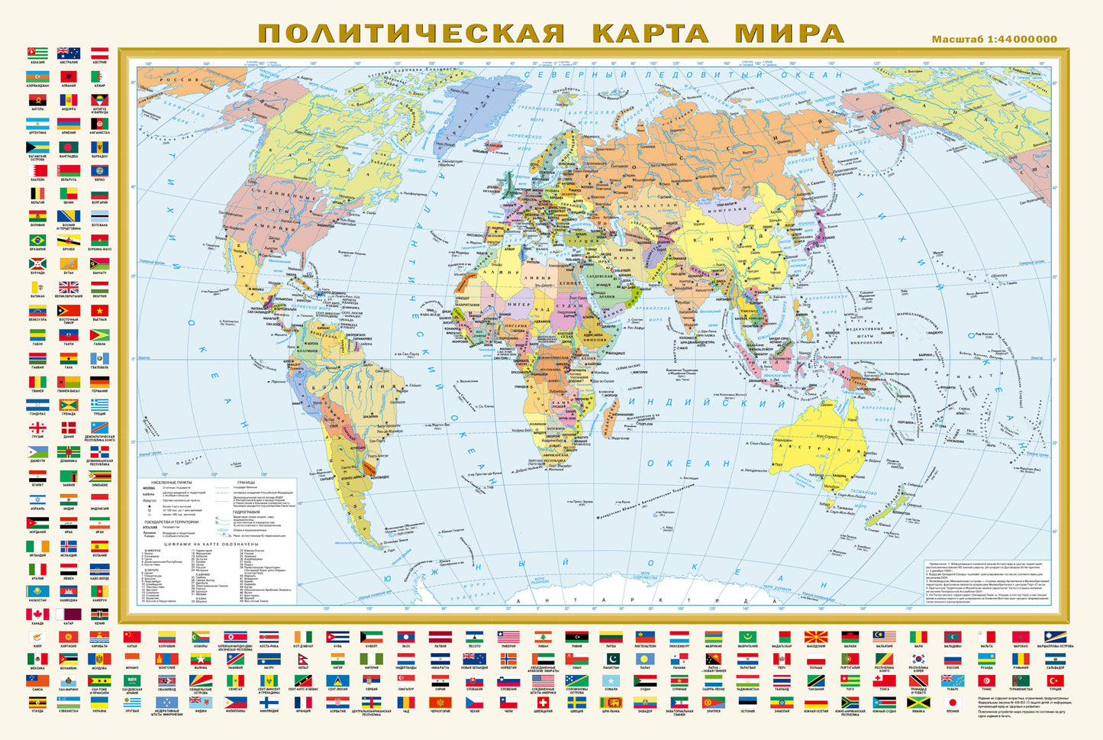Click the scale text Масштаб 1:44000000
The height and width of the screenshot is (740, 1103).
click(x=994, y=39)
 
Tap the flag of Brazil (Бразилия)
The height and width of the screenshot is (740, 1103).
click(x=37, y=241)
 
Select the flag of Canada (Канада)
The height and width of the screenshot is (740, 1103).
click(x=37, y=615)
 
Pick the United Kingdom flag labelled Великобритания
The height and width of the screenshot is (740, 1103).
click(x=69, y=287)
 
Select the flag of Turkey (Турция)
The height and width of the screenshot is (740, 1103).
click(x=1055, y=680)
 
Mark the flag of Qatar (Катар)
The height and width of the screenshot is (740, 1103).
click(x=69, y=615)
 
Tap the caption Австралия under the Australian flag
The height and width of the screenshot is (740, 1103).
click(x=69, y=63)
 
